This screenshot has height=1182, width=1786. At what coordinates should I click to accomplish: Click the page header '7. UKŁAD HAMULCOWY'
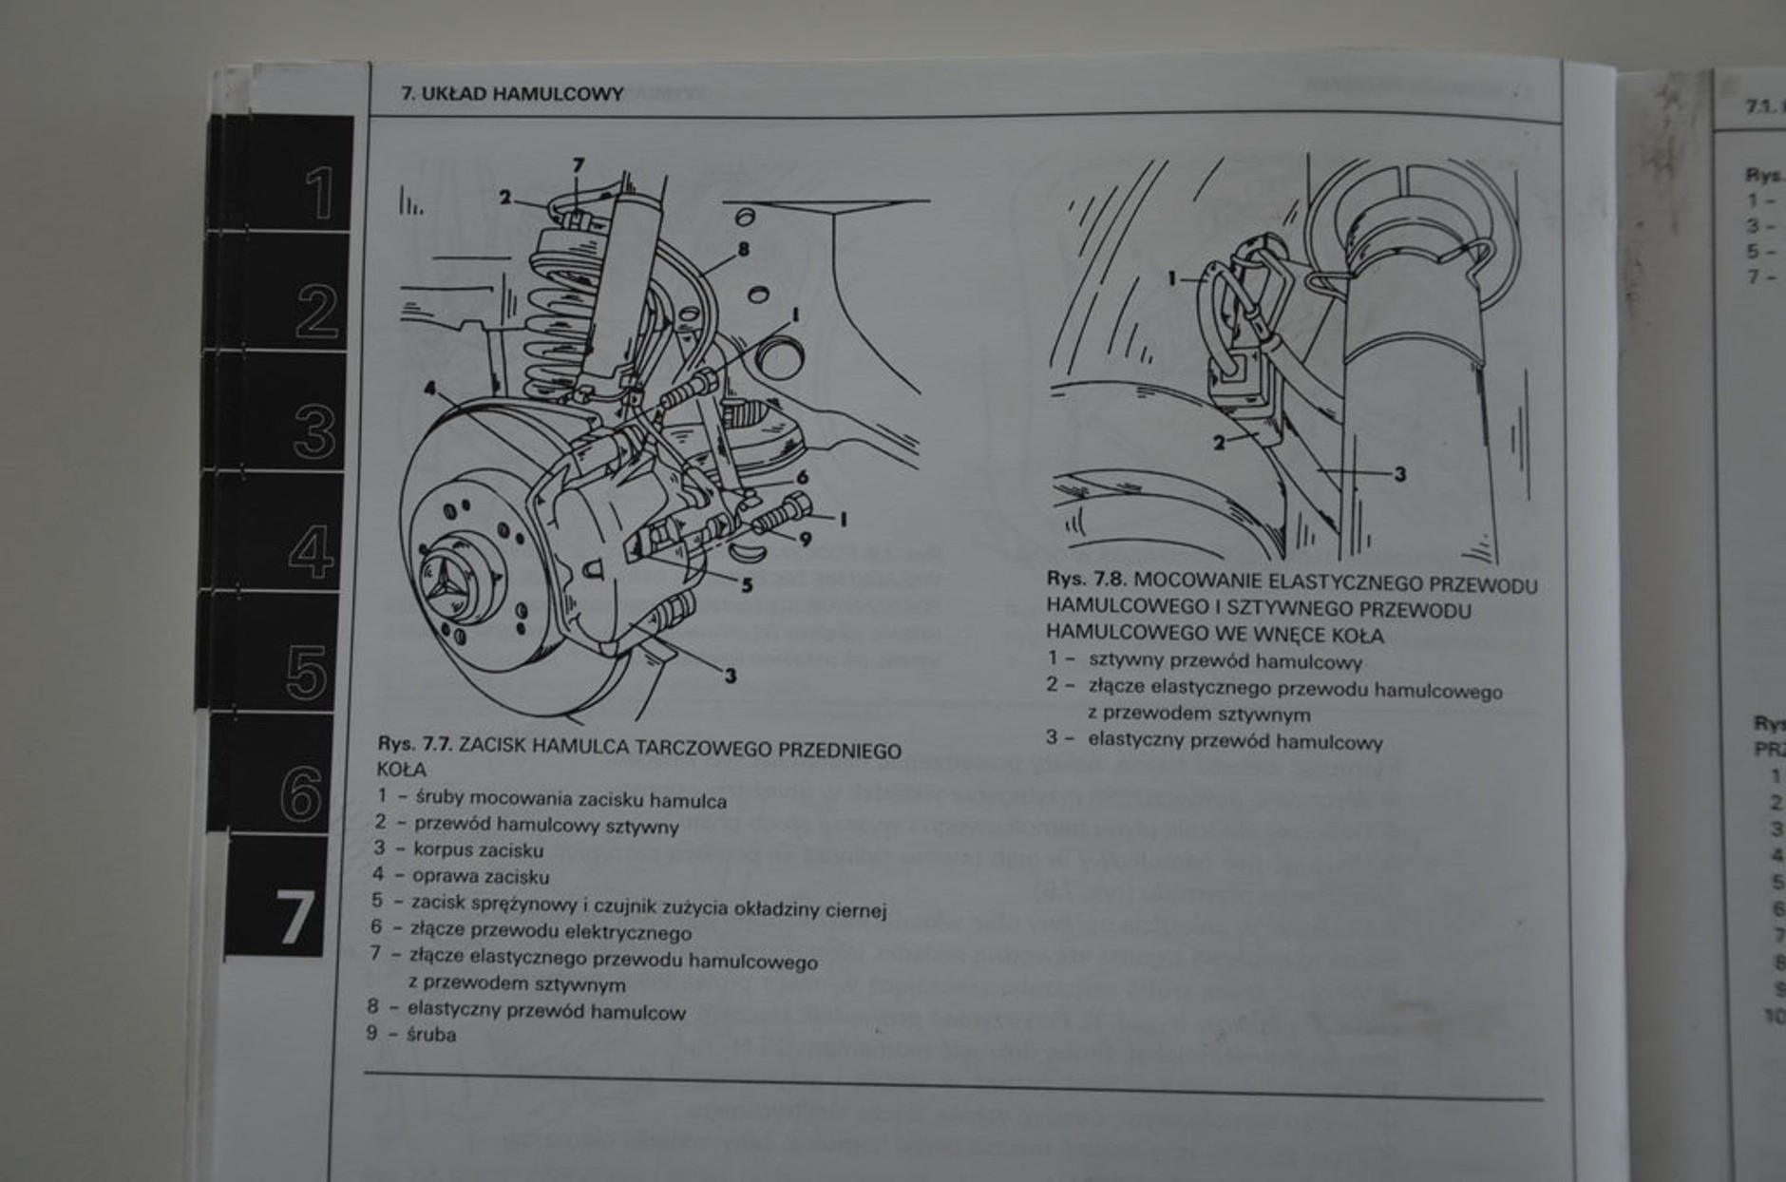(x=512, y=94)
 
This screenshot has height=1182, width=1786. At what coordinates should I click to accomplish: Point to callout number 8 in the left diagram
(x=743, y=250)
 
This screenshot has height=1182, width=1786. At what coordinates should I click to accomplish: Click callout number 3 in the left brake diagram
(x=730, y=676)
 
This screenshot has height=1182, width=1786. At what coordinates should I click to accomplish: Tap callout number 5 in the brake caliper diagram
(x=747, y=585)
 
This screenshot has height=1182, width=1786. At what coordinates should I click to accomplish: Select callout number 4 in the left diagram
(x=430, y=390)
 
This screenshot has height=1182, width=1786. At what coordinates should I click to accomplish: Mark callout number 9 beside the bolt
(x=806, y=539)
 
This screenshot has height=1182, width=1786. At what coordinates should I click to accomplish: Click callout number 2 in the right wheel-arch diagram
(x=1219, y=442)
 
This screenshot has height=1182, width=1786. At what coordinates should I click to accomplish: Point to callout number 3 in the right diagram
(x=1398, y=473)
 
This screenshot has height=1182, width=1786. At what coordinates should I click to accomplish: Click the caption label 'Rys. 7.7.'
(x=415, y=745)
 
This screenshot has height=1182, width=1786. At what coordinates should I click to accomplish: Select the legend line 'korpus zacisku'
(x=478, y=849)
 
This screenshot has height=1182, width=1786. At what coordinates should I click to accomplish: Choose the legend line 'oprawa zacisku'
(x=480, y=876)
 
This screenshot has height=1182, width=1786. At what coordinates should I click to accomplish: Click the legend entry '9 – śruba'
(x=411, y=1034)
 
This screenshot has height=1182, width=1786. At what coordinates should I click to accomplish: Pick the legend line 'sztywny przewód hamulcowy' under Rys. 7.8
(x=1225, y=661)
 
